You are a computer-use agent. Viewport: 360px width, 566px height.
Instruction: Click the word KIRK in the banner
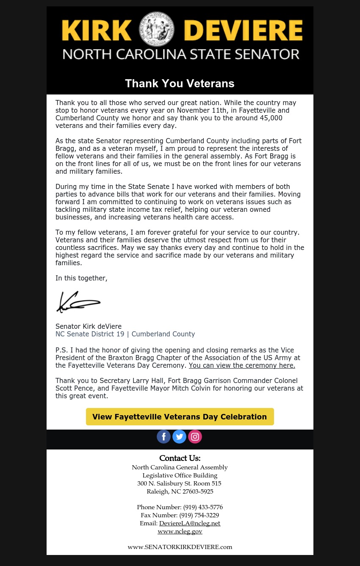click(97, 31)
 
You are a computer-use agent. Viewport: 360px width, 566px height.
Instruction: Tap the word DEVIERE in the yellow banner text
click(244, 31)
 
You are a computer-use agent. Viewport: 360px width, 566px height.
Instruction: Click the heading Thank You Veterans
click(180, 83)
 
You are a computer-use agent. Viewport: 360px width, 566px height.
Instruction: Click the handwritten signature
click(78, 302)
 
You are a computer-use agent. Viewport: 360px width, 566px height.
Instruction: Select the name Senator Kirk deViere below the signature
click(89, 326)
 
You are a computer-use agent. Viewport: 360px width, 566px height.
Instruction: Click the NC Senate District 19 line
click(125, 334)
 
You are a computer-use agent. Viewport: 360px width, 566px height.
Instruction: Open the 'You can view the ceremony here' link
click(242, 366)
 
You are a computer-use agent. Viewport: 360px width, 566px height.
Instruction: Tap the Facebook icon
click(163, 436)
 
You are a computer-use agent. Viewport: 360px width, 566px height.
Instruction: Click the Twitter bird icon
click(179, 436)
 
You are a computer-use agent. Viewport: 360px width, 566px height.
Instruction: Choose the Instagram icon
click(195, 436)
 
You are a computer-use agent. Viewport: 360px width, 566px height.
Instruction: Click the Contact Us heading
click(180, 458)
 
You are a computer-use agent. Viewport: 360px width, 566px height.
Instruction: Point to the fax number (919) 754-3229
click(199, 515)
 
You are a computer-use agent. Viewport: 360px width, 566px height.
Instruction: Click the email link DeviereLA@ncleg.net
click(190, 523)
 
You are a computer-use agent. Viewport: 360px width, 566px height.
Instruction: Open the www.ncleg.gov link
click(180, 531)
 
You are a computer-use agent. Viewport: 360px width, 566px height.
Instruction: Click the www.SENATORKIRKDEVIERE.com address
click(180, 547)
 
